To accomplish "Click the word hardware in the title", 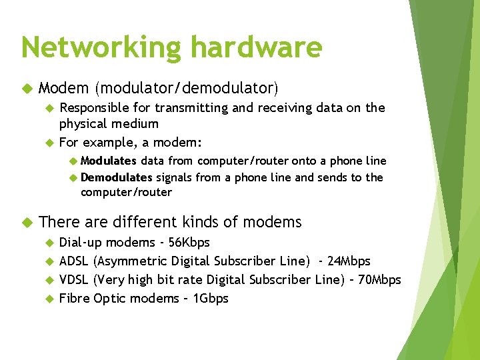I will tap(256, 47).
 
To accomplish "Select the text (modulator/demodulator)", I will tap(187, 88).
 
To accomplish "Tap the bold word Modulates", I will tap(109, 161).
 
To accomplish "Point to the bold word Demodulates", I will tap(117, 177).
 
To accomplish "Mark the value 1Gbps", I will tap(210, 298).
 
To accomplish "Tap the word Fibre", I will tap(75, 298).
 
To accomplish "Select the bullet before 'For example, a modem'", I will tap(48, 143).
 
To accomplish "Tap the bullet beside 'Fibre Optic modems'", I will tap(48, 299).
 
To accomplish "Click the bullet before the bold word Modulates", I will tap(73, 161).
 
